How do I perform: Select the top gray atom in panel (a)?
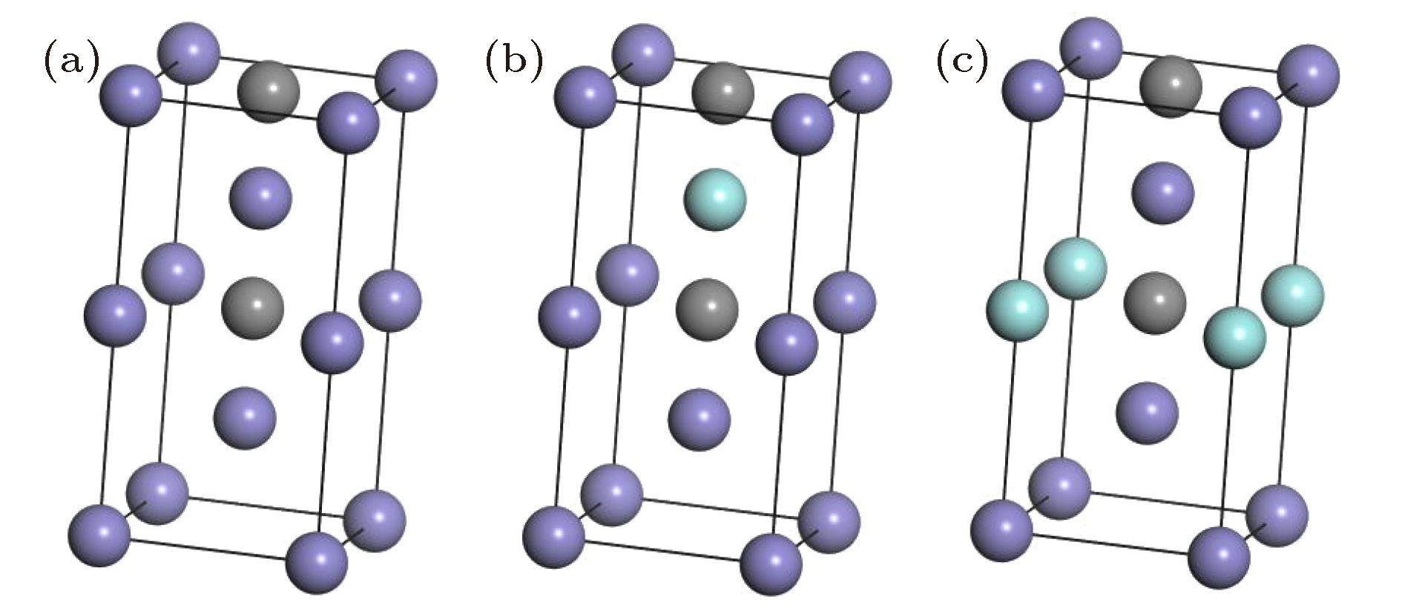pyautogui.click(x=269, y=92)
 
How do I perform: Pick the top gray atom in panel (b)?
pyautogui.click(x=723, y=93)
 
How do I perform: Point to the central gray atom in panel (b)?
pyautogui.click(x=708, y=309)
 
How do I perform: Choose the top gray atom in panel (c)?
pyautogui.click(x=1171, y=86)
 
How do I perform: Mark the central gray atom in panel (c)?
pyautogui.click(x=1155, y=303)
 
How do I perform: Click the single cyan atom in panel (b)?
pyautogui.click(x=715, y=200)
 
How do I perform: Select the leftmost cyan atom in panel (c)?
pyautogui.click(x=1018, y=310)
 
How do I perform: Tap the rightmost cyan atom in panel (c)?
pyautogui.click(x=1293, y=295)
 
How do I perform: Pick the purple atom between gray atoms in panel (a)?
pyautogui.click(x=260, y=198)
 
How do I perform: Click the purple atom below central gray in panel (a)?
pyautogui.click(x=246, y=417)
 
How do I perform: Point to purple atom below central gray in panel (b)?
pyautogui.click(x=700, y=419)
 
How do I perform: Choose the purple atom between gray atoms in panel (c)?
pyautogui.click(x=1163, y=193)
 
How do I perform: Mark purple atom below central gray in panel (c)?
pyautogui.click(x=1148, y=413)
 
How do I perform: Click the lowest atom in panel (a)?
pyautogui.click(x=317, y=562)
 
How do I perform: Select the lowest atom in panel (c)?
pyautogui.click(x=1220, y=557)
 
